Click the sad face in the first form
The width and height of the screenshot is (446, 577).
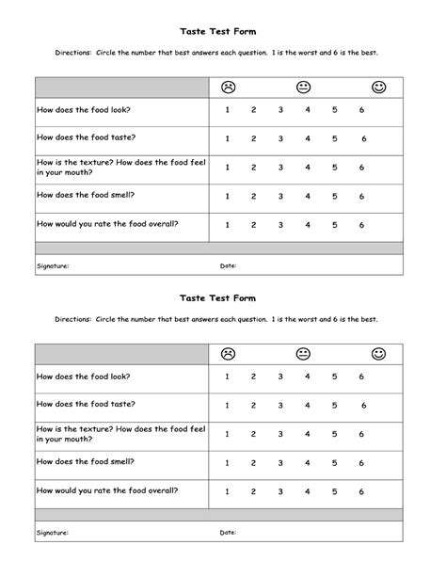pos(228,88)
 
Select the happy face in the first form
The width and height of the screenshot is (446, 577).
pos(379,88)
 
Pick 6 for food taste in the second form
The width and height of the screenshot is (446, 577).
pos(363,406)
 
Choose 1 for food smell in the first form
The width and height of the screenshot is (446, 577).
pos(228,197)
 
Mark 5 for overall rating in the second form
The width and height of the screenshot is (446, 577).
pos(335,491)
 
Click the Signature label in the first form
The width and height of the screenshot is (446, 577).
pos(53,266)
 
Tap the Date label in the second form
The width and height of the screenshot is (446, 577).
pos(228,532)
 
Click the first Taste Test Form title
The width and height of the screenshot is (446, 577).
pos(217,30)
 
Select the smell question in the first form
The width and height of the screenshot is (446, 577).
pos(86,195)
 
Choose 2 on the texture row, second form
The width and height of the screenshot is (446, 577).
pos(254,435)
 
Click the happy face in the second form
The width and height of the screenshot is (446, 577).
pos(379,354)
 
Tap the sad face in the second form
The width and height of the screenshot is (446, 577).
pos(228,354)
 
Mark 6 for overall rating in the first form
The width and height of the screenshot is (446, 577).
pos(362,225)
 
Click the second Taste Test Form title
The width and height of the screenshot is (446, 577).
pos(217,297)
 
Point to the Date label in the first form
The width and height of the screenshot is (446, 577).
pos(228,266)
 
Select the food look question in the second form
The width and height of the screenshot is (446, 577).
pos(83,376)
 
